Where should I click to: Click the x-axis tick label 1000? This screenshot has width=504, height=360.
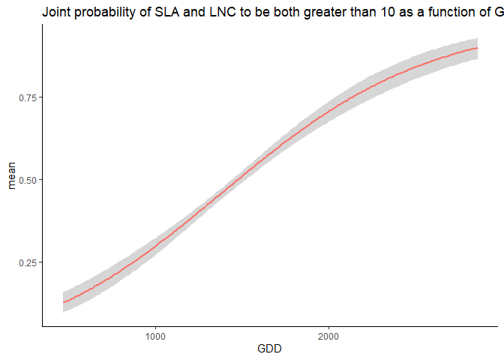(x=155, y=336)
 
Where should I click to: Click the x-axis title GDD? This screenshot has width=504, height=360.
(x=270, y=349)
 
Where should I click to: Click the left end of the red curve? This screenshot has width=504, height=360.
(x=64, y=302)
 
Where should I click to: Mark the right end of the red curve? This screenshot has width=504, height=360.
(x=478, y=48)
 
